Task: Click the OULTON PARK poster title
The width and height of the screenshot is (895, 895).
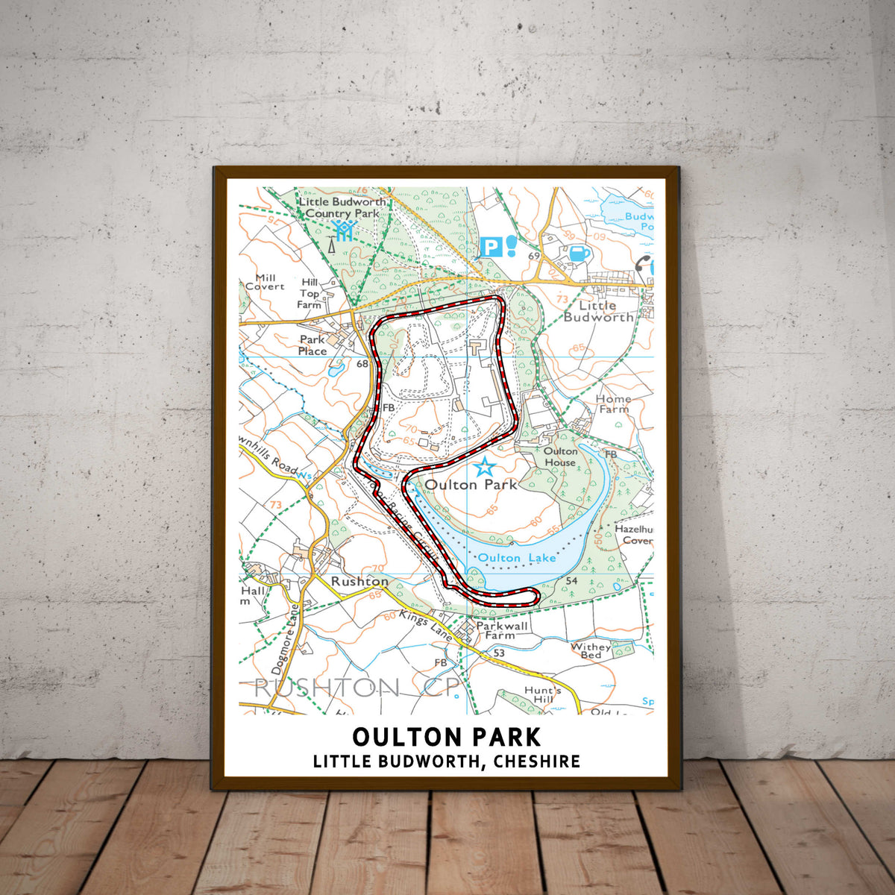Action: point(447,736)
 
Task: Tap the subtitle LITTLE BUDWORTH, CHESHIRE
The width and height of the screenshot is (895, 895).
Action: point(447,761)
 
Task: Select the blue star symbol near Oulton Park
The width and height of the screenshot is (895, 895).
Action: point(485,468)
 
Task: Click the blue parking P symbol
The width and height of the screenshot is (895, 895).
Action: point(491,247)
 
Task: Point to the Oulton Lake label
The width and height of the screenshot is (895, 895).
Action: point(506,557)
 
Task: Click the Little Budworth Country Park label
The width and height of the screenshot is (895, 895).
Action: point(342,207)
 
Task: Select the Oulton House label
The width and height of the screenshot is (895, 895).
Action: point(560,456)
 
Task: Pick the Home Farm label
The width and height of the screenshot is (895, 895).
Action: point(613,403)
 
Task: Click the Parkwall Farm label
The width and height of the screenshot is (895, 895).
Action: point(500,631)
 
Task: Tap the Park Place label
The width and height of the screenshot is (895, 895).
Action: point(313,345)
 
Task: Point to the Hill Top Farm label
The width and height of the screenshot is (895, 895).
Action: point(309,293)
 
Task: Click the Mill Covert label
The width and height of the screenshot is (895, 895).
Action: point(265,282)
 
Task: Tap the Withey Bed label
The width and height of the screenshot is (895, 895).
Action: point(591,650)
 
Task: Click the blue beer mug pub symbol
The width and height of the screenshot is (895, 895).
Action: point(580,254)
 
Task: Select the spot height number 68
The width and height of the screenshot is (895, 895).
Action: point(362,364)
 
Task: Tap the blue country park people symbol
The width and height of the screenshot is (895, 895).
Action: point(342,230)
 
